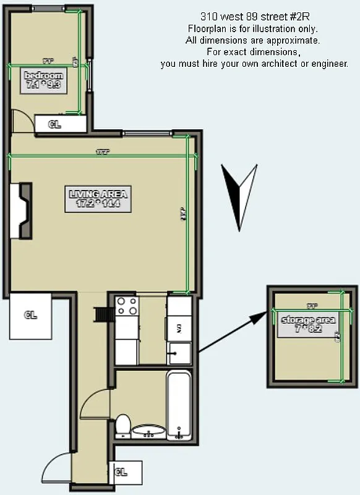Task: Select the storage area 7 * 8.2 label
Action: [x=308, y=325]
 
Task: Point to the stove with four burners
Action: [x=127, y=306]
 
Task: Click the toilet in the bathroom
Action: [x=123, y=426]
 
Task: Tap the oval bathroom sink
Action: [x=148, y=431]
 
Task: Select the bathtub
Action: [x=179, y=403]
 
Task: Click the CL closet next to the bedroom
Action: [x=60, y=124]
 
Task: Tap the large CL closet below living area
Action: [x=31, y=315]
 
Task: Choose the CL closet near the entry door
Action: [x=125, y=471]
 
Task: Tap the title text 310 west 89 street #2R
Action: [x=255, y=17]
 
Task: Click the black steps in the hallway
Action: [x=101, y=314]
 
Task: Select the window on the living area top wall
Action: [x=147, y=134]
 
